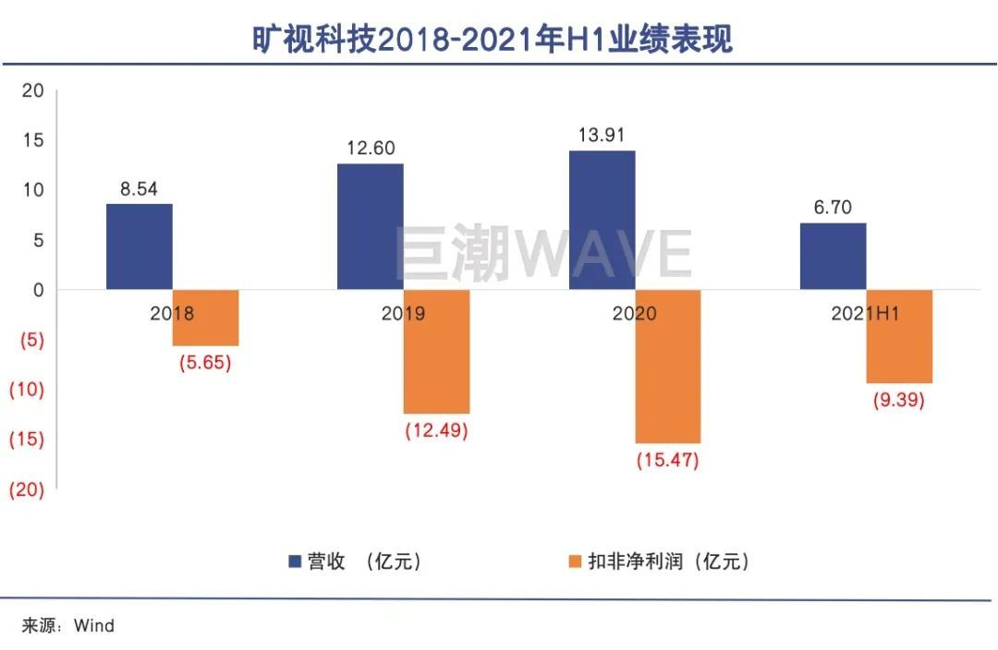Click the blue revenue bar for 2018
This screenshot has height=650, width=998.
pos(139,247)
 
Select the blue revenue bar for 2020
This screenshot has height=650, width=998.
pos(602,220)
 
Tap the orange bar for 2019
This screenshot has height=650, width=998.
pos(436,352)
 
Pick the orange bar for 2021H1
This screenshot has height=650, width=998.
pos(899,336)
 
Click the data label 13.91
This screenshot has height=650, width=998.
pos(602,135)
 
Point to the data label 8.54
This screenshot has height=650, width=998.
pos(139,189)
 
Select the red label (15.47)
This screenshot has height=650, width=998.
pos(667,460)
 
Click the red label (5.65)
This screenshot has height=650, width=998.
pos(205,362)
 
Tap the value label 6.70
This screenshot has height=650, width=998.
pos(833,208)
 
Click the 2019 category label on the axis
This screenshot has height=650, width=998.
pos(403,314)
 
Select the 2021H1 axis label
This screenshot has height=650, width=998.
pos(866,314)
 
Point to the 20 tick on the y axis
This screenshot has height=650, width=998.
pos(32,90)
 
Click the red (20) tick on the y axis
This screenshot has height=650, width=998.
pos(26,490)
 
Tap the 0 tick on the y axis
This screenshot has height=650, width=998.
pos(38,290)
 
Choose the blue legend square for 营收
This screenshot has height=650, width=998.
pos(295,561)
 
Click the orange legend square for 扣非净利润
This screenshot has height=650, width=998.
pos(575,561)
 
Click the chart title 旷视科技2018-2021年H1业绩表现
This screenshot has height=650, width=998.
pos(493,40)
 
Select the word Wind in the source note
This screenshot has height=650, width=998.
pos(94,626)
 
